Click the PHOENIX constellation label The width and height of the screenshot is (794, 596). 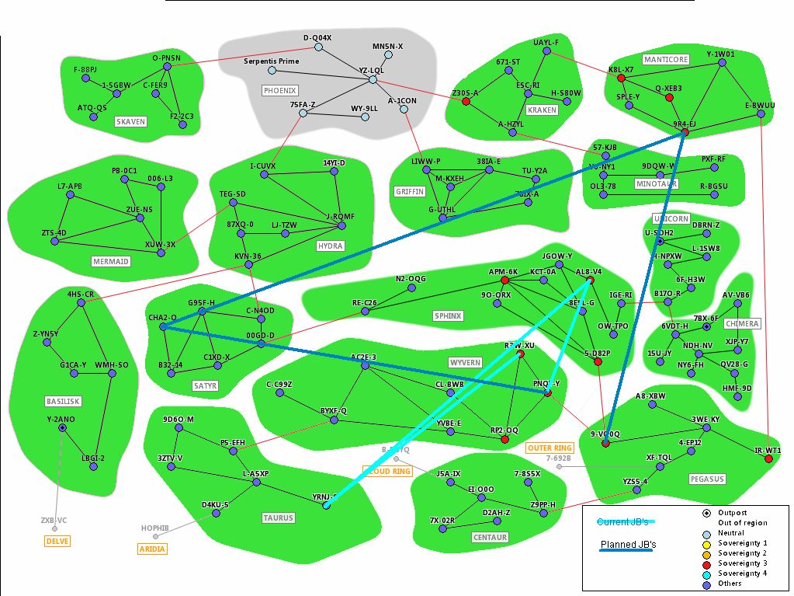pos(280,90)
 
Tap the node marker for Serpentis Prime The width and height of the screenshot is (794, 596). pos(272,71)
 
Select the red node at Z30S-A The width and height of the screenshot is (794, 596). pos(466,102)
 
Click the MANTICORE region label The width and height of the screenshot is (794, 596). pos(666,59)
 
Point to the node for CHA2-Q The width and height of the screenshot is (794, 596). pos(164,327)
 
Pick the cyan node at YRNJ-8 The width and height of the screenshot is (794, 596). pos(326,506)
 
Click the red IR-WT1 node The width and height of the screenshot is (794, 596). pos(768,459)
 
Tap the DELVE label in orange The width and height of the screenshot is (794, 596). pos(57,541)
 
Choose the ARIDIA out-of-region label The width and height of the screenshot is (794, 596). pos(152,549)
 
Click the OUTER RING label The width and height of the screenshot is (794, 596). pos(550,448)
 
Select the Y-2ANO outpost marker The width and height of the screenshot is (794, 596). pos(62,428)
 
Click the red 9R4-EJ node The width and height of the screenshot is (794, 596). pos(684,133)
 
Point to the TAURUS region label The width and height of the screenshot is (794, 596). pos(279,518)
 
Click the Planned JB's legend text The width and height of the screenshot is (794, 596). pos(629,545)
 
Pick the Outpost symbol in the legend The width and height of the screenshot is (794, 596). pos(706,513)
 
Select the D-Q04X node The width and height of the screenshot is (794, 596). pos(318,47)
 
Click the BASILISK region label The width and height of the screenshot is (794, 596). pos(63,401)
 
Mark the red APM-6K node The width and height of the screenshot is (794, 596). pos(504,280)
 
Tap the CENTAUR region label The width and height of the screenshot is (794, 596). pos(490,537)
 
